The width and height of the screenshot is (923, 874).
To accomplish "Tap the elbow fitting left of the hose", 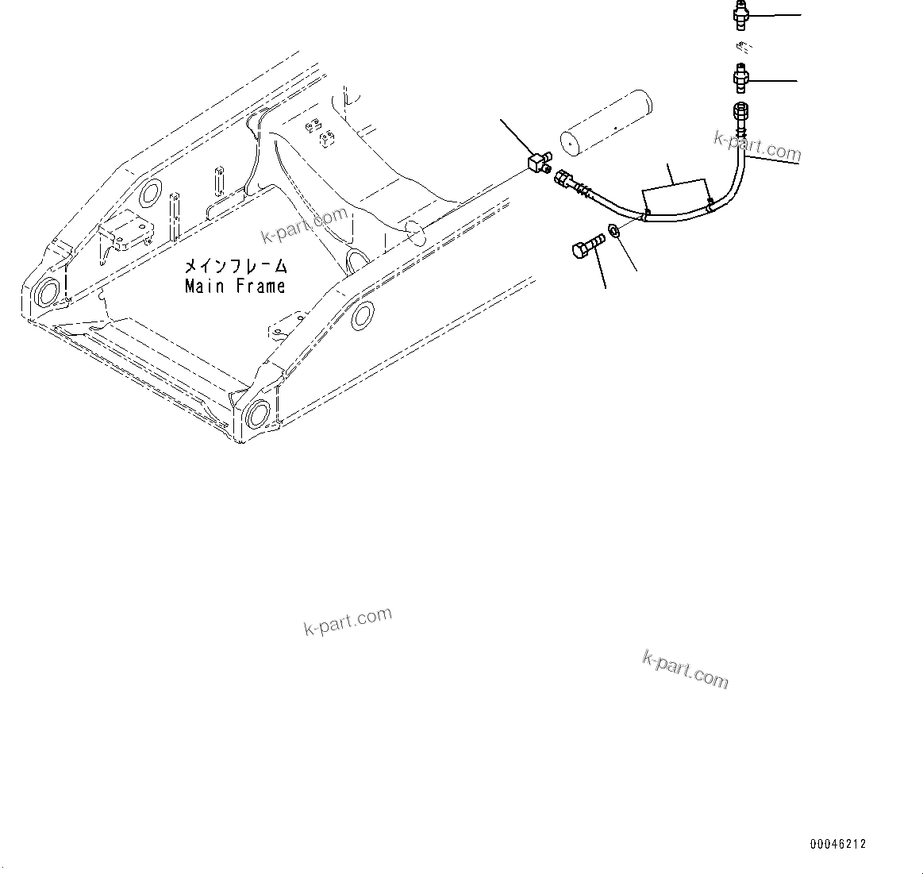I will coord(536,163).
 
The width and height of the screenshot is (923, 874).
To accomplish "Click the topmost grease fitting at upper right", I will coord(740,14).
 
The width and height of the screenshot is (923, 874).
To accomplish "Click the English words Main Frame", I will coord(234,287).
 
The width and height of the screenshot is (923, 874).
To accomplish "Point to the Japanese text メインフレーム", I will coord(236,266).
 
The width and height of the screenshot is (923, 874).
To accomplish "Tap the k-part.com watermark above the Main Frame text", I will coord(304,225).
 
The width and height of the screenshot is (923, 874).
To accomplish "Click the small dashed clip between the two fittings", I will coord(741,46).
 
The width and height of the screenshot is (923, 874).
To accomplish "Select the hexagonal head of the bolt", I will coord(579,250).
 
